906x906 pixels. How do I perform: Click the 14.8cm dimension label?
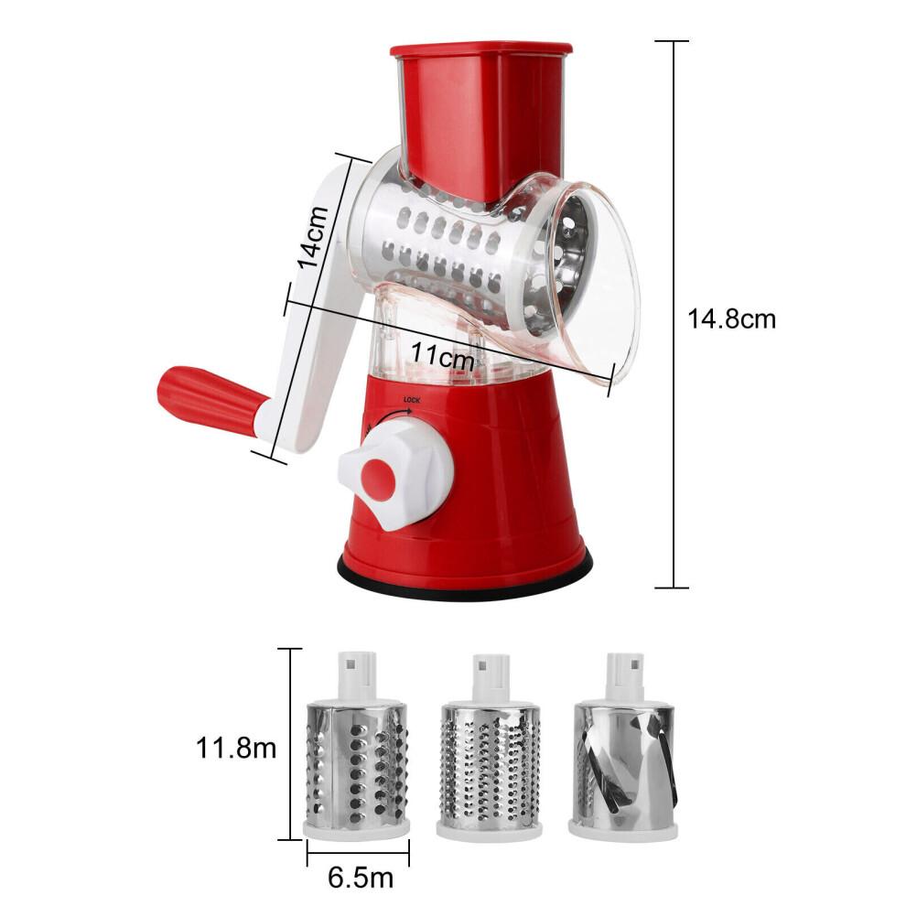(732, 319)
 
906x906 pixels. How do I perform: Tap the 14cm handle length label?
(312, 236)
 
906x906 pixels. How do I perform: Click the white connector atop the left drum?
(355, 673)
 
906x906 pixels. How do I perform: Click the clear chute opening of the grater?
(595, 284)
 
